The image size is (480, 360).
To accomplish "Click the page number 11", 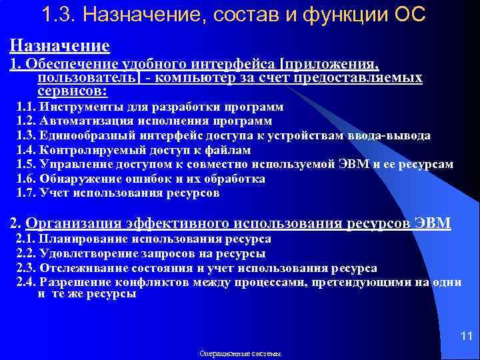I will pos(466,335).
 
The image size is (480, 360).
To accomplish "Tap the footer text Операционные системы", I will pos(240,353).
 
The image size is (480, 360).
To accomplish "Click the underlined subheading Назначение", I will pos(59,45).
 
